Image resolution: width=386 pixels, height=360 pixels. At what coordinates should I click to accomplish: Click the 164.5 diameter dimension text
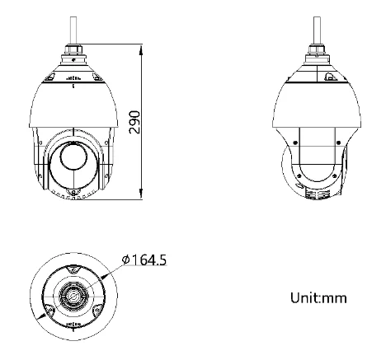(149, 260)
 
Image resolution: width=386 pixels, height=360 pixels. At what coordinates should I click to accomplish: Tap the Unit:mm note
(318, 297)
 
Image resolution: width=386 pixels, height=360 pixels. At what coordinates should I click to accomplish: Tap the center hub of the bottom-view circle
(73, 295)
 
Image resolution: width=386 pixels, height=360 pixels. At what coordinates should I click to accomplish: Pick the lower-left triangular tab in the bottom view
(49, 309)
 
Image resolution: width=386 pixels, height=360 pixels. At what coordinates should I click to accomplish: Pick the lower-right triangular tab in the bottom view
(96, 309)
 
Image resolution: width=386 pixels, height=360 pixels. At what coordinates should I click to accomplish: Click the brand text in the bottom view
(73, 325)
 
